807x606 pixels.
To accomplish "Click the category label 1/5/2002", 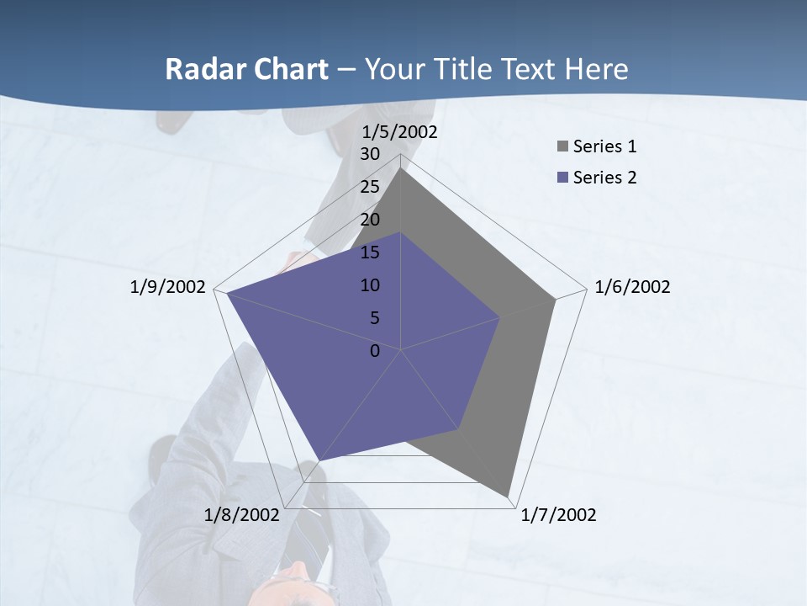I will tap(399, 132).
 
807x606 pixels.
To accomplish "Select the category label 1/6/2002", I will tap(632, 287).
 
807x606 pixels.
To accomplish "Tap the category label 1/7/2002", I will tap(558, 515).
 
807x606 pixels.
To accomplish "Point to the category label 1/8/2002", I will tap(241, 515).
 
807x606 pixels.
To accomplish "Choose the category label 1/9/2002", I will tap(167, 287).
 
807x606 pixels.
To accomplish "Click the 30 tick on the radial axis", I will tap(370, 154).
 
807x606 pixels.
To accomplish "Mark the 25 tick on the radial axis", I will tap(370, 187).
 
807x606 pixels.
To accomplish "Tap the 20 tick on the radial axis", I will tap(370, 220).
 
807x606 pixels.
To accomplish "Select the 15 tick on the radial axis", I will tap(370, 252).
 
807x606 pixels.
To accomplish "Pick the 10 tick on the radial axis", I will tap(370, 285).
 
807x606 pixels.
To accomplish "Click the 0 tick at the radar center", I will tap(375, 351).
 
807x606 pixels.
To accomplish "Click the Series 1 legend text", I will tap(604, 146).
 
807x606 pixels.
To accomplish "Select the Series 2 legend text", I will tap(604, 178).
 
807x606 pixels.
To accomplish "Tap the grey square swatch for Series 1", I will tap(563, 146).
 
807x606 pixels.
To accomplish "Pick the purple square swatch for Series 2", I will tap(563, 178).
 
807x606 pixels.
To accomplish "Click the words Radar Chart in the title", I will tap(246, 69).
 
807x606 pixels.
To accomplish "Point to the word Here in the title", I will tap(596, 69).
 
